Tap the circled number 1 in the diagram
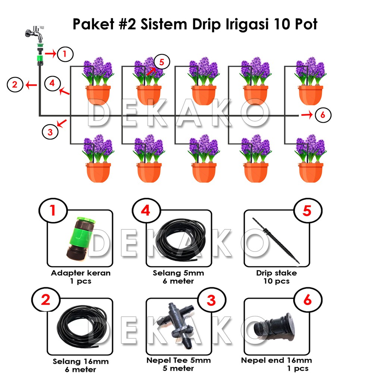coord(65,54)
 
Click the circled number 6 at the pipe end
coord(323,115)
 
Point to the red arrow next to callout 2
coord(31,85)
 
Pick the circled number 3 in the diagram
coord(50,131)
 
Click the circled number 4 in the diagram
coord(52,83)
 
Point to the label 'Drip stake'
coord(276,273)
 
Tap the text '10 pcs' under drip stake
coord(276,281)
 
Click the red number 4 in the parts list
coord(146,211)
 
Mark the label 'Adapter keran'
coord(81,273)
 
